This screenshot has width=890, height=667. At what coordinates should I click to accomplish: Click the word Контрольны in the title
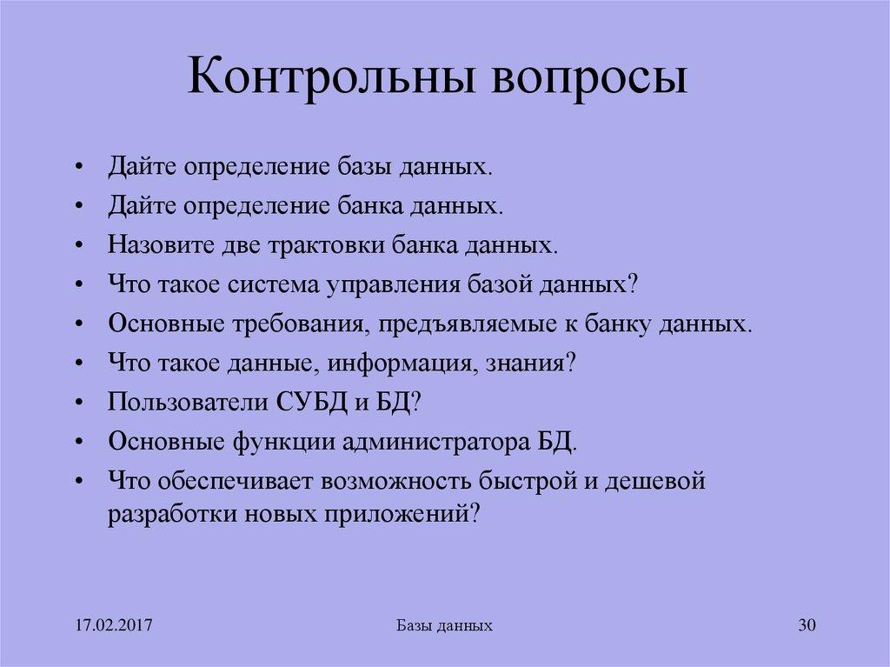click(329, 78)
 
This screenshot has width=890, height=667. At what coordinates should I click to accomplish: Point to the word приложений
click(415, 513)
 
